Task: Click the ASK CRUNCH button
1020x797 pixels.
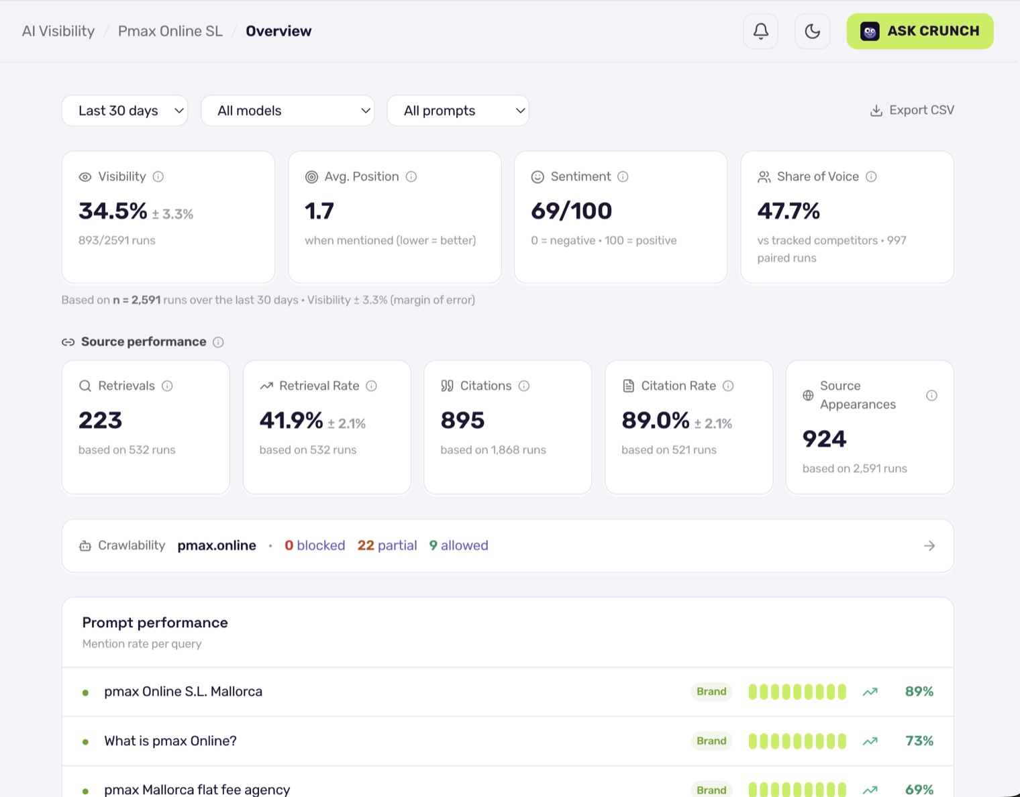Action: coord(919,31)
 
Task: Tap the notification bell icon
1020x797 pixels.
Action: coord(760,31)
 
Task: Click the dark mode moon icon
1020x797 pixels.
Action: coord(812,31)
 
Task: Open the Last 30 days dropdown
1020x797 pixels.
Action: coord(125,111)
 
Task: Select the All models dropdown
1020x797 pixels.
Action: coord(287,111)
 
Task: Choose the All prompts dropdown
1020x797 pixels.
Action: coord(458,111)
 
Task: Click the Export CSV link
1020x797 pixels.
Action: coord(912,110)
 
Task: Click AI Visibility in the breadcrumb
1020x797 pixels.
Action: coord(58,31)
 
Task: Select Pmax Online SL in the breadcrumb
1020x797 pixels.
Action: coord(170,31)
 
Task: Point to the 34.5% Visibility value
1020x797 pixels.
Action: coord(113,211)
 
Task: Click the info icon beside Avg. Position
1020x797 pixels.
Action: coord(411,176)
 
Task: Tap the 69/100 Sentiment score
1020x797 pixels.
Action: coord(571,211)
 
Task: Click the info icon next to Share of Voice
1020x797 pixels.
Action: coord(871,176)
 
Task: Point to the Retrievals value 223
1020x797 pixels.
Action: coord(100,420)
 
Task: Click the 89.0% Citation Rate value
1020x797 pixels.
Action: coord(655,420)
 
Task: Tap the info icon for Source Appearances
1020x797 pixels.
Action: coord(931,395)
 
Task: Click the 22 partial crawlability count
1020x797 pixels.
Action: coord(387,545)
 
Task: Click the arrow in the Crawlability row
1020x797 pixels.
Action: coord(929,545)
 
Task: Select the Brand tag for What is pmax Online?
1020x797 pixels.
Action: coord(711,741)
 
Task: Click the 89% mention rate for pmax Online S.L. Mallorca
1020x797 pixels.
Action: coord(919,692)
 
